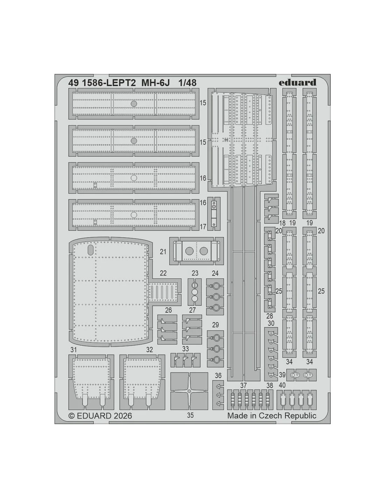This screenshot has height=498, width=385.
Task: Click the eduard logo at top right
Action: [297, 82]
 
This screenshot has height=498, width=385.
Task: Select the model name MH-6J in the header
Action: [155, 83]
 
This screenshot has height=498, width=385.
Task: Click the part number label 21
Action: [163, 252]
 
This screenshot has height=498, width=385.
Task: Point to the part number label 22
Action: [163, 273]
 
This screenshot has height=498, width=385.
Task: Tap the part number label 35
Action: [190, 415]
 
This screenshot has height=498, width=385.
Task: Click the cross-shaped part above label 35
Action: [189, 390]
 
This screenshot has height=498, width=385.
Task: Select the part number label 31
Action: [73, 350]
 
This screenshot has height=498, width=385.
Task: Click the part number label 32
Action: [149, 350]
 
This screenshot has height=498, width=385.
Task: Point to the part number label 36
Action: [218, 375]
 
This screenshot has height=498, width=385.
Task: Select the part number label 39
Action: [282, 375]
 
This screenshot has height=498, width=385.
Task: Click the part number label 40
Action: [282, 385]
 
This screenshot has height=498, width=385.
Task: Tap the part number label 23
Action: [195, 273]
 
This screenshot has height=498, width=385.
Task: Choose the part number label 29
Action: [215, 325]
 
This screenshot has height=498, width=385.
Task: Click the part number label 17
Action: [203, 227]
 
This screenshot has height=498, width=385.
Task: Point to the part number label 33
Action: [185, 348]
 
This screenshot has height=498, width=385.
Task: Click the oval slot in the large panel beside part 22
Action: [90, 249]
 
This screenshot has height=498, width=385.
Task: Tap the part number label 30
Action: [271, 323]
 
